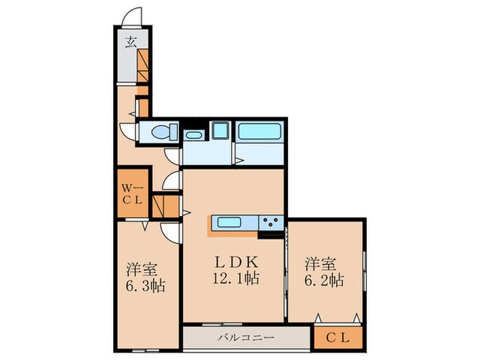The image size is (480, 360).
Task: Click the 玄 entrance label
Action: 130,42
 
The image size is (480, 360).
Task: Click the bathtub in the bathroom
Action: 261,131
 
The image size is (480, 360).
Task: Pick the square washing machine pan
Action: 221,130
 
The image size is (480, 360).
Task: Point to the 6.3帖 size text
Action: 141,285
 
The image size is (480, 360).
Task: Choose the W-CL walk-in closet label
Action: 132,193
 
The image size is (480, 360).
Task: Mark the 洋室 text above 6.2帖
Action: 321,263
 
